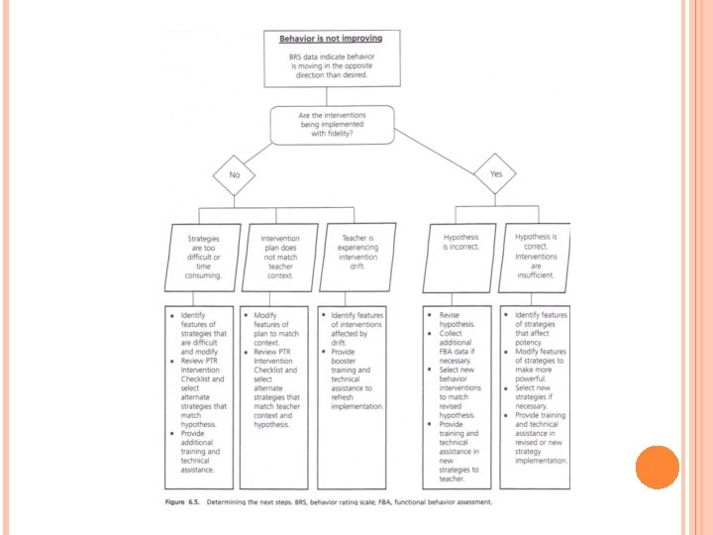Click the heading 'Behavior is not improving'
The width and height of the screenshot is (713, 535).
click(330, 39)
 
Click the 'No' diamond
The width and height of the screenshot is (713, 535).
click(235, 174)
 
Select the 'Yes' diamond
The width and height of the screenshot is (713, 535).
click(495, 173)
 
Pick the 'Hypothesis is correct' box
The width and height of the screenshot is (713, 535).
click(537, 256)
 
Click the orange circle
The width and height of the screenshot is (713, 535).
click(657, 467)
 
